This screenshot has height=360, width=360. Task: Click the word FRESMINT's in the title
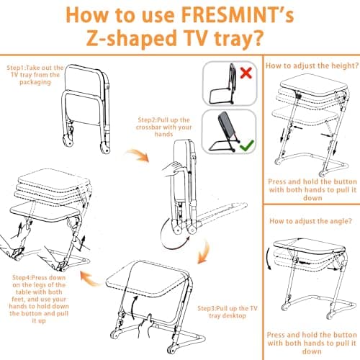pyautogui.click(x=237, y=15)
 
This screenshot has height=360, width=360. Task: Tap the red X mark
pyautogui.click(x=246, y=73)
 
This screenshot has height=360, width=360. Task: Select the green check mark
pyautogui.click(x=246, y=145)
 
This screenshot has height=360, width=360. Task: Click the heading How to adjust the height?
pyautogui.click(x=312, y=66)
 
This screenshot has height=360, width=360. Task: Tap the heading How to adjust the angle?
pyautogui.click(x=310, y=221)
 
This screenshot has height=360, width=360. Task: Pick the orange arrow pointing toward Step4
pyautogui.click(x=89, y=279)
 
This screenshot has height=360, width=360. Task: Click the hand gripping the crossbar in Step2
pyautogui.click(x=171, y=169)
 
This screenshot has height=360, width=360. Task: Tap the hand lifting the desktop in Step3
pyautogui.click(x=146, y=326)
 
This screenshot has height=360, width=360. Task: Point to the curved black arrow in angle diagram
pyautogui.click(x=268, y=258)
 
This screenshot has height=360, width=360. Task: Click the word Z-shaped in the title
pyautogui.click(x=132, y=38)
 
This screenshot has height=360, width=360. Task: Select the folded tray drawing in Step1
pyautogui.click(x=86, y=109)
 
